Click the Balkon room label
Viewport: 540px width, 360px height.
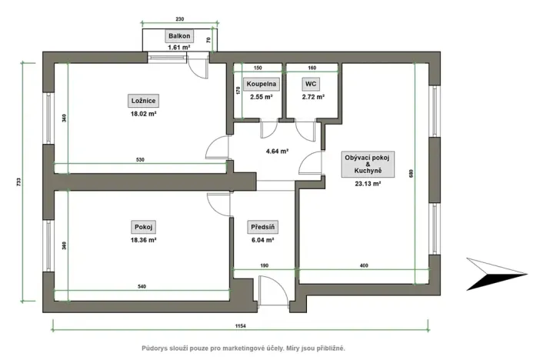179,36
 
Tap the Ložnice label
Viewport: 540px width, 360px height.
143,98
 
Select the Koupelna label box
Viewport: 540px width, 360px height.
262,84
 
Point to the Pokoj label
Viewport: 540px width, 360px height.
143,227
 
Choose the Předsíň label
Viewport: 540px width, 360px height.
262,227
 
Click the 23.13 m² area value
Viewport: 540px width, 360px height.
368,184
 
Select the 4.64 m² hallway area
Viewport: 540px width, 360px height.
277,152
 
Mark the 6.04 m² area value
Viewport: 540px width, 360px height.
262,240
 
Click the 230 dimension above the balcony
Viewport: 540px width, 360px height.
179,18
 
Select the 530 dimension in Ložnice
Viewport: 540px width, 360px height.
141,159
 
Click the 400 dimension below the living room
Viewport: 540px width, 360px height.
364,266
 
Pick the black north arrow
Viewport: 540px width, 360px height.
495,276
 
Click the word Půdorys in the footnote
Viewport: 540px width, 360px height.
158,348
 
